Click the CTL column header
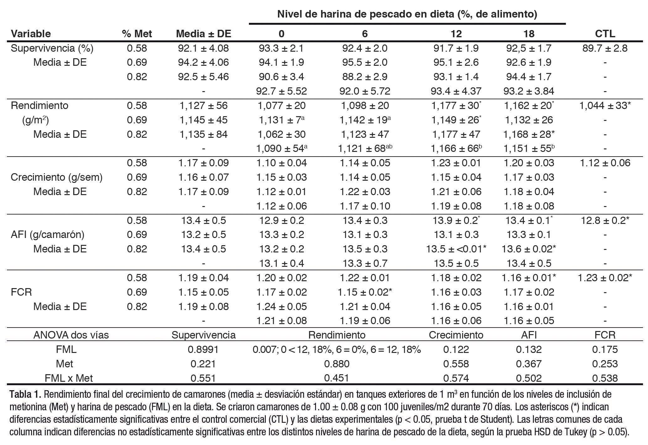[605, 34]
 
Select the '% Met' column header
[137, 34]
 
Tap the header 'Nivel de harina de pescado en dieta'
[407, 14]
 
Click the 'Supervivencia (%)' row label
[52, 48]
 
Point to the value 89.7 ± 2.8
[605, 48]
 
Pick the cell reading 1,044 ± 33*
[605, 106]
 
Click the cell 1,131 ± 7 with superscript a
[281, 120]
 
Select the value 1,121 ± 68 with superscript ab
[365, 148]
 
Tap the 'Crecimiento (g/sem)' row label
[56, 177]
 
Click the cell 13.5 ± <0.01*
[456, 249]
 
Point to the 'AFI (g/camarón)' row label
[48, 235]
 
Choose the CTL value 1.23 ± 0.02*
[605, 278]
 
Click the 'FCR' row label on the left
[21, 292]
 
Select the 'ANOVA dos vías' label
[71, 335]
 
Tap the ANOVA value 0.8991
[203, 349]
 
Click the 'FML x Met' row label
[69, 378]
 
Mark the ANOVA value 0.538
[605, 378]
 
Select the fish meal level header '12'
[456, 34]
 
